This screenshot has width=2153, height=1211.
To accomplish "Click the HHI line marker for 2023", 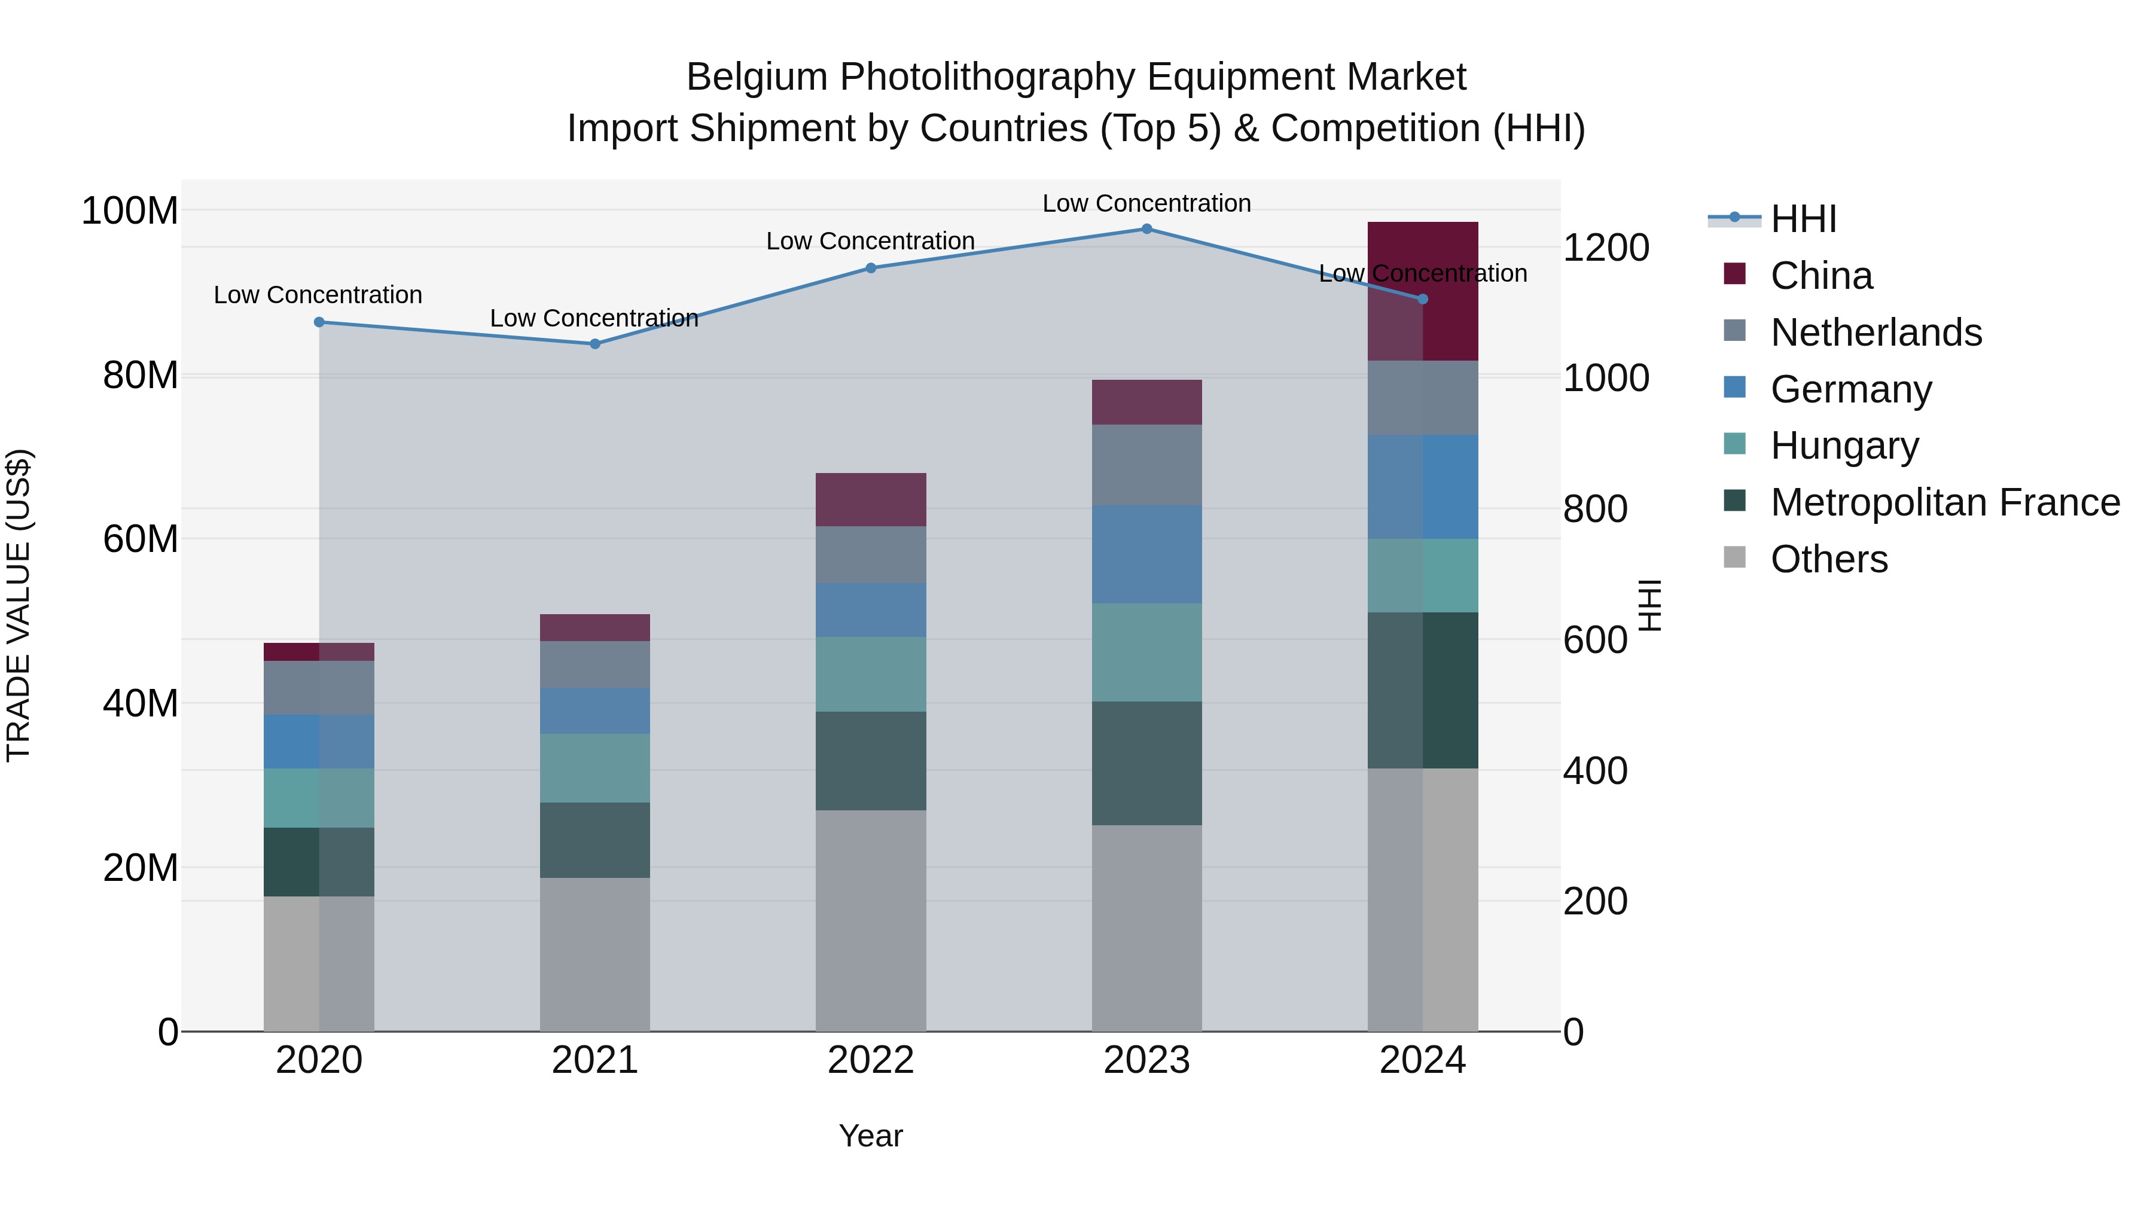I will click(1146, 229).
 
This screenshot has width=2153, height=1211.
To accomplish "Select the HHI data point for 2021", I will click(595, 343).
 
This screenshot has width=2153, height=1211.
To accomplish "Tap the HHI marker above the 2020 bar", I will click(319, 322).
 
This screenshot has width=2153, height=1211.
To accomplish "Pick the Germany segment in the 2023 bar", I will click(1146, 554).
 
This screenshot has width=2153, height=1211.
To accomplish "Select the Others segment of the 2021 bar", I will click(595, 954).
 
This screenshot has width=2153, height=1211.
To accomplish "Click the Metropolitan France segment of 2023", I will click(1146, 763).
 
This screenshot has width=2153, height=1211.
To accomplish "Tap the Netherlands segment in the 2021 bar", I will click(595, 664).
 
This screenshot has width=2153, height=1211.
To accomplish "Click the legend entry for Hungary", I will click(1844, 446).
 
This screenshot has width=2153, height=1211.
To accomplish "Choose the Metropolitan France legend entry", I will click(1945, 502).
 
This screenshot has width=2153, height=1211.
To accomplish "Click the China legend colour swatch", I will click(1734, 274).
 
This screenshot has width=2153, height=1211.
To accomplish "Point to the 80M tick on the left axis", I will click(141, 375).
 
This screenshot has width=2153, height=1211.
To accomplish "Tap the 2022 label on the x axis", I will click(871, 1060).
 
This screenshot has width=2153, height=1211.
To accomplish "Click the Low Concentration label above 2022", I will click(871, 240).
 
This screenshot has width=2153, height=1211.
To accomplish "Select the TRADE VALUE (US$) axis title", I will click(19, 605).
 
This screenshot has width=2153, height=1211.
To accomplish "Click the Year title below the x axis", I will click(871, 1136).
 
